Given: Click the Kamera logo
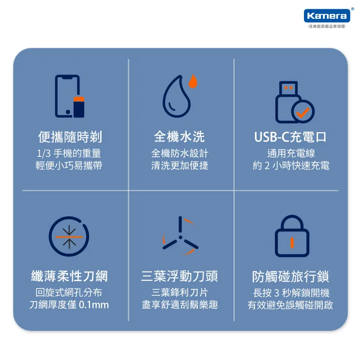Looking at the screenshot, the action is [x=327, y=16].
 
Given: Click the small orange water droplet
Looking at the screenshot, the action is [x=193, y=81].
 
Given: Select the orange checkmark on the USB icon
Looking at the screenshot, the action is [x=302, y=112].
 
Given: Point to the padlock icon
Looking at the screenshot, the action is [x=292, y=236].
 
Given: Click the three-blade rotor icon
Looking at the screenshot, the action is [x=181, y=236].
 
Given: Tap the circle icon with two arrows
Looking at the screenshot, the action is [x=69, y=236].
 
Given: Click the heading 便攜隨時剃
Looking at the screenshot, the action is [x=70, y=136].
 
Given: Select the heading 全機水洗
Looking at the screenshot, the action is [x=180, y=136].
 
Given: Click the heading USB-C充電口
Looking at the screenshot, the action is [x=290, y=137].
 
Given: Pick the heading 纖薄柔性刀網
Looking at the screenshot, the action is [x=69, y=276].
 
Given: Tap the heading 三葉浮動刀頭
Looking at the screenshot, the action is [x=180, y=276].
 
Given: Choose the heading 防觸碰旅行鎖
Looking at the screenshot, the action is [x=290, y=276].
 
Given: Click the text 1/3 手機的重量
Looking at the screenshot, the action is [x=69, y=153].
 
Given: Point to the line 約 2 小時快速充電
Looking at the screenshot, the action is [x=291, y=166].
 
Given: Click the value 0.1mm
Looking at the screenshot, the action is [x=94, y=304].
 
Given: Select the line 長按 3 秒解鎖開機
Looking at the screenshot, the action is [x=291, y=293].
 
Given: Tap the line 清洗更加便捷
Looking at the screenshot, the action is [x=180, y=166].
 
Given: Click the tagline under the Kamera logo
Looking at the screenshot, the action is [x=327, y=27].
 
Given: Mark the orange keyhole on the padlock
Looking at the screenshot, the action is [x=292, y=243].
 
